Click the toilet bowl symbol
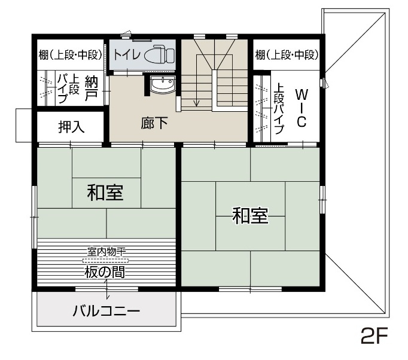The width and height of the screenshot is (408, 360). pos(159,54)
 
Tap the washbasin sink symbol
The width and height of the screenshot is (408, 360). pos(163,84)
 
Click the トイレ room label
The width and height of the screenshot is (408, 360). pos(127,54)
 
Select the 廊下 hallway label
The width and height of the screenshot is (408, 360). pos(154,123)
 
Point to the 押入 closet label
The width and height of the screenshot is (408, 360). pos(71,127)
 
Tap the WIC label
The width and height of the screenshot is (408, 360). pos(302,108)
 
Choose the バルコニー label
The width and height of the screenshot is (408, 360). pos(106,311)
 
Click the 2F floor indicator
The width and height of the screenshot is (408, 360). pos(374,335)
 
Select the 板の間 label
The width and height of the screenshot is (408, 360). pos(105,272)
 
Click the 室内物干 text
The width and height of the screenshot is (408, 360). pos(106,252)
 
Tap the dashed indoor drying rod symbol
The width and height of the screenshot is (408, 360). pos(106,260)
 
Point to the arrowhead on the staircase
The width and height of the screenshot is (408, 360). pos(197,103)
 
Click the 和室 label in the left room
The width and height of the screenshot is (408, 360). pos(105,193)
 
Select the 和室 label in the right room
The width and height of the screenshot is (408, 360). pos(250,215)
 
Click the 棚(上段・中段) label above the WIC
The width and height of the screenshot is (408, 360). pos(287,55)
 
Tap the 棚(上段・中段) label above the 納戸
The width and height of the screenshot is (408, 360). pos(70,55)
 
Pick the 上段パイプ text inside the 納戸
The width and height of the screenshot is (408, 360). pos(68,88)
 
